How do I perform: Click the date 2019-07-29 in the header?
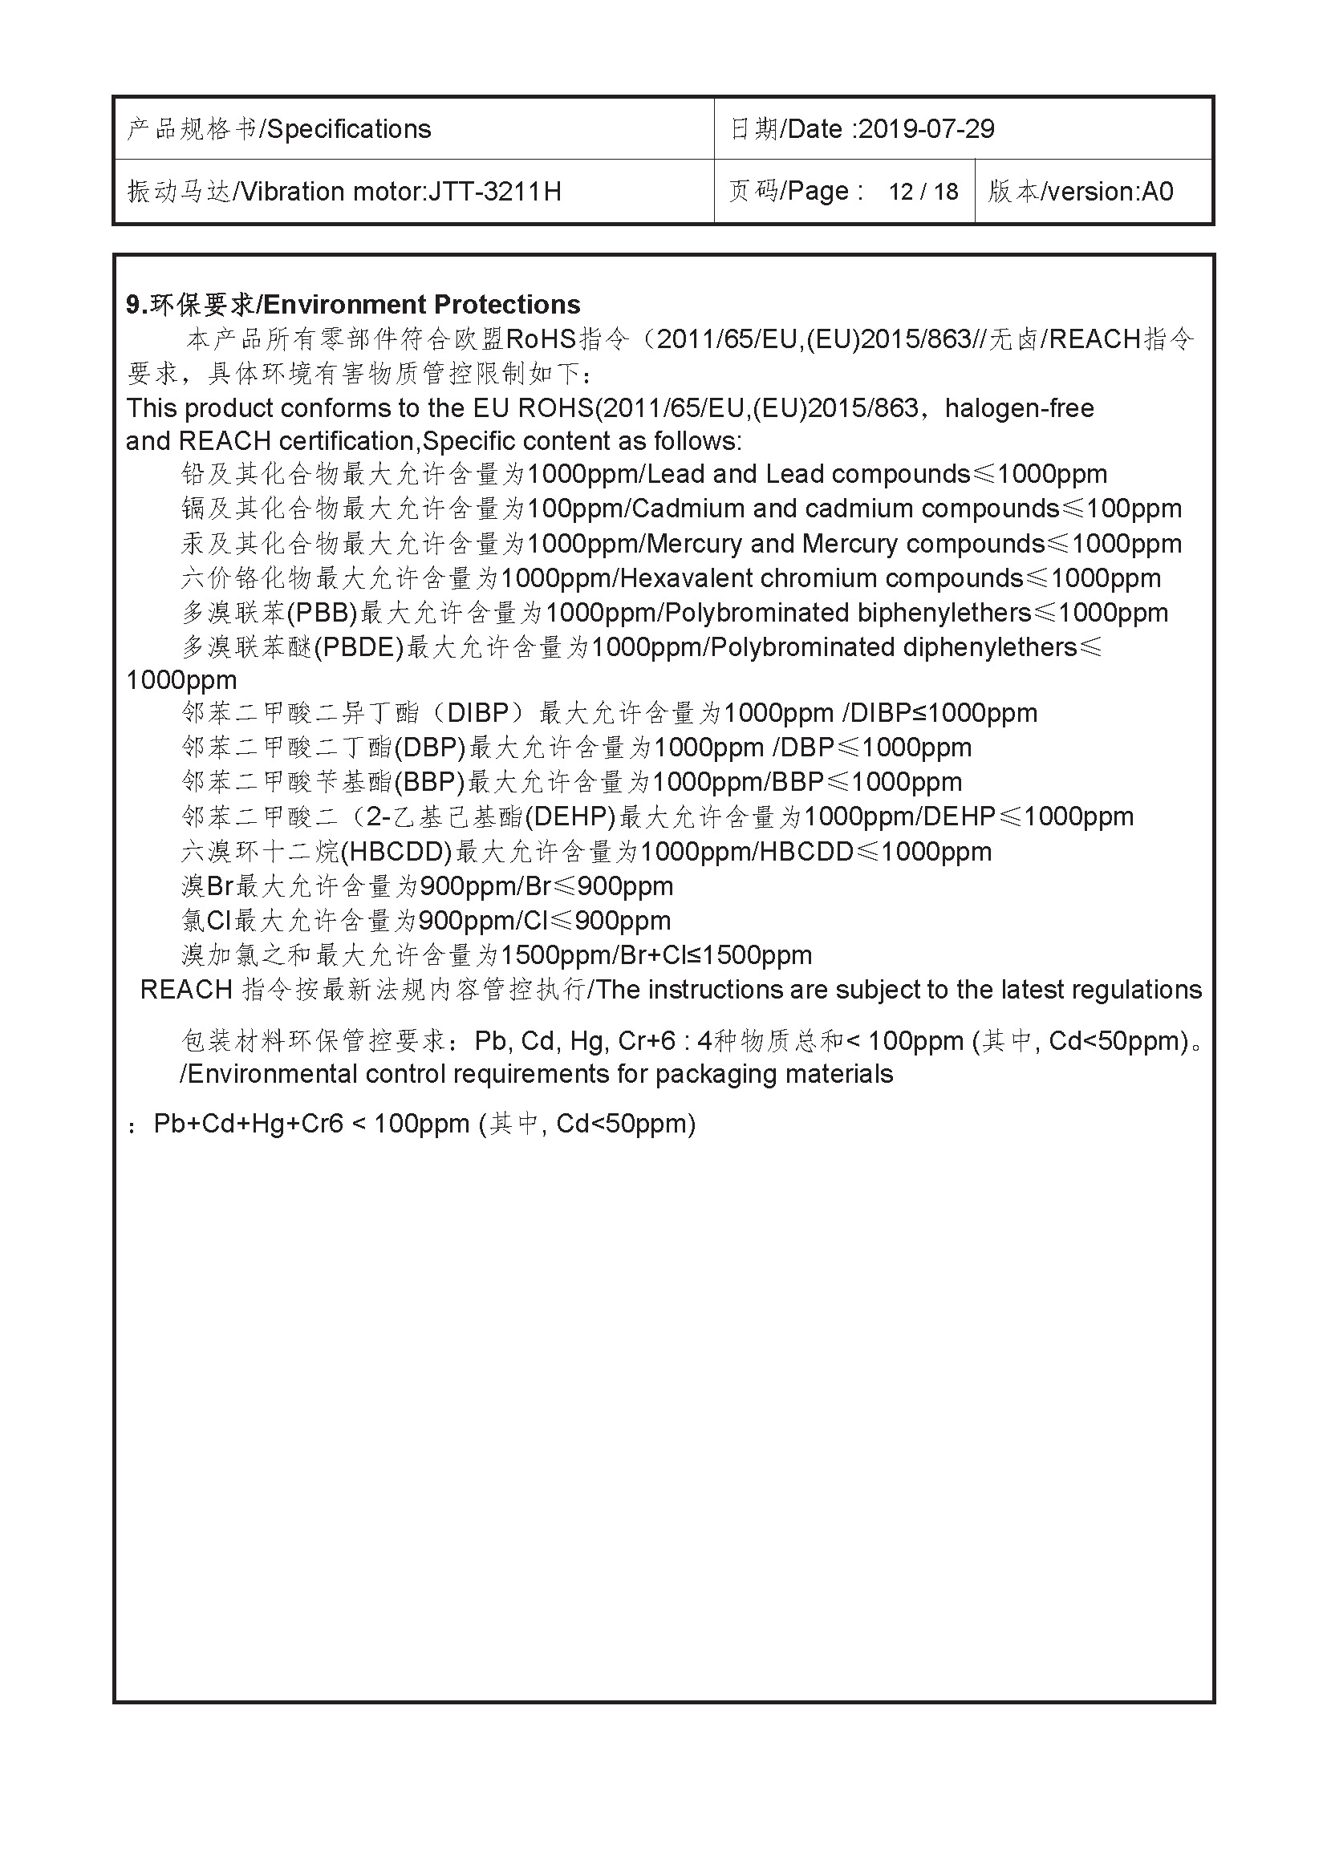point(927,129)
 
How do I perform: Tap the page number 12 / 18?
point(923,191)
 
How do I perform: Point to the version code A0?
point(1157,191)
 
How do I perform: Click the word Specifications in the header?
point(349,129)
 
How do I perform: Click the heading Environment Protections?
point(422,305)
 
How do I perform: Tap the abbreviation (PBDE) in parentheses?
point(359,647)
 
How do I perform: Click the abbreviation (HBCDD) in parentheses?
point(396,853)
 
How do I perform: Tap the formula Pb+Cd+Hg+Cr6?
point(249,1124)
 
